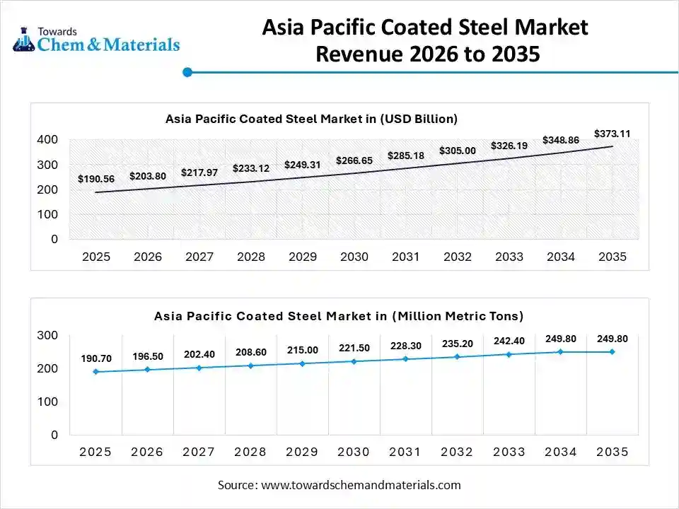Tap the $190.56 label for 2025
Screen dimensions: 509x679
96,180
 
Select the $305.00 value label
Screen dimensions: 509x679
458,151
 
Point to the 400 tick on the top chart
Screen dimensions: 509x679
48,140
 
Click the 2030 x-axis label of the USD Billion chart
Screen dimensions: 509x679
354,257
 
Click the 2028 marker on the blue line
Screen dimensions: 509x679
250,365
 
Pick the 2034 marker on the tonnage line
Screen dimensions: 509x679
561,351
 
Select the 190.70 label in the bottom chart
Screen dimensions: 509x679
96,359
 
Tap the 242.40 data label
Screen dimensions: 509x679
509,341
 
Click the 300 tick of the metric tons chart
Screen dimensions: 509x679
48,335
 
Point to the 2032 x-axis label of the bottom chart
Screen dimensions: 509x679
458,452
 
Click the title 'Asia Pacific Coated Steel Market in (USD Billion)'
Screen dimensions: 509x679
311,119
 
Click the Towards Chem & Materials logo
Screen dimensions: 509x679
96,40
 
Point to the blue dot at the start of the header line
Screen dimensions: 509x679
187,71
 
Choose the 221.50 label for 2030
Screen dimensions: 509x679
354,349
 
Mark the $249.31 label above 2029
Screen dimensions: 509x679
303,165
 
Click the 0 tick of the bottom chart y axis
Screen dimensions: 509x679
54,435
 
